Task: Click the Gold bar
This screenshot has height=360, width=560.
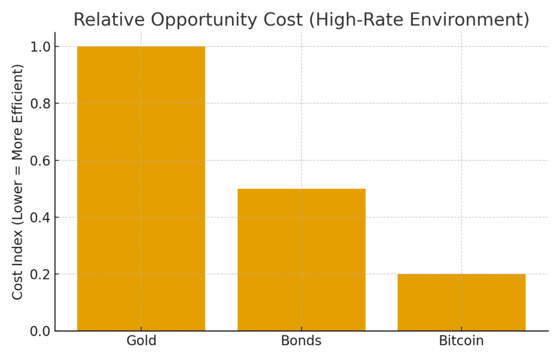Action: [x=141, y=189]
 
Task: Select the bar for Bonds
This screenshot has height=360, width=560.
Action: [x=301, y=260]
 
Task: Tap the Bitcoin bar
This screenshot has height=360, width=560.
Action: [x=462, y=303]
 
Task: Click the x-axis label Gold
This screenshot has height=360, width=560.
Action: [x=141, y=341]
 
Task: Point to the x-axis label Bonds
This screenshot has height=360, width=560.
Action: [x=301, y=341]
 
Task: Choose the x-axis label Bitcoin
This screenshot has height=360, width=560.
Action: [x=462, y=341]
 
